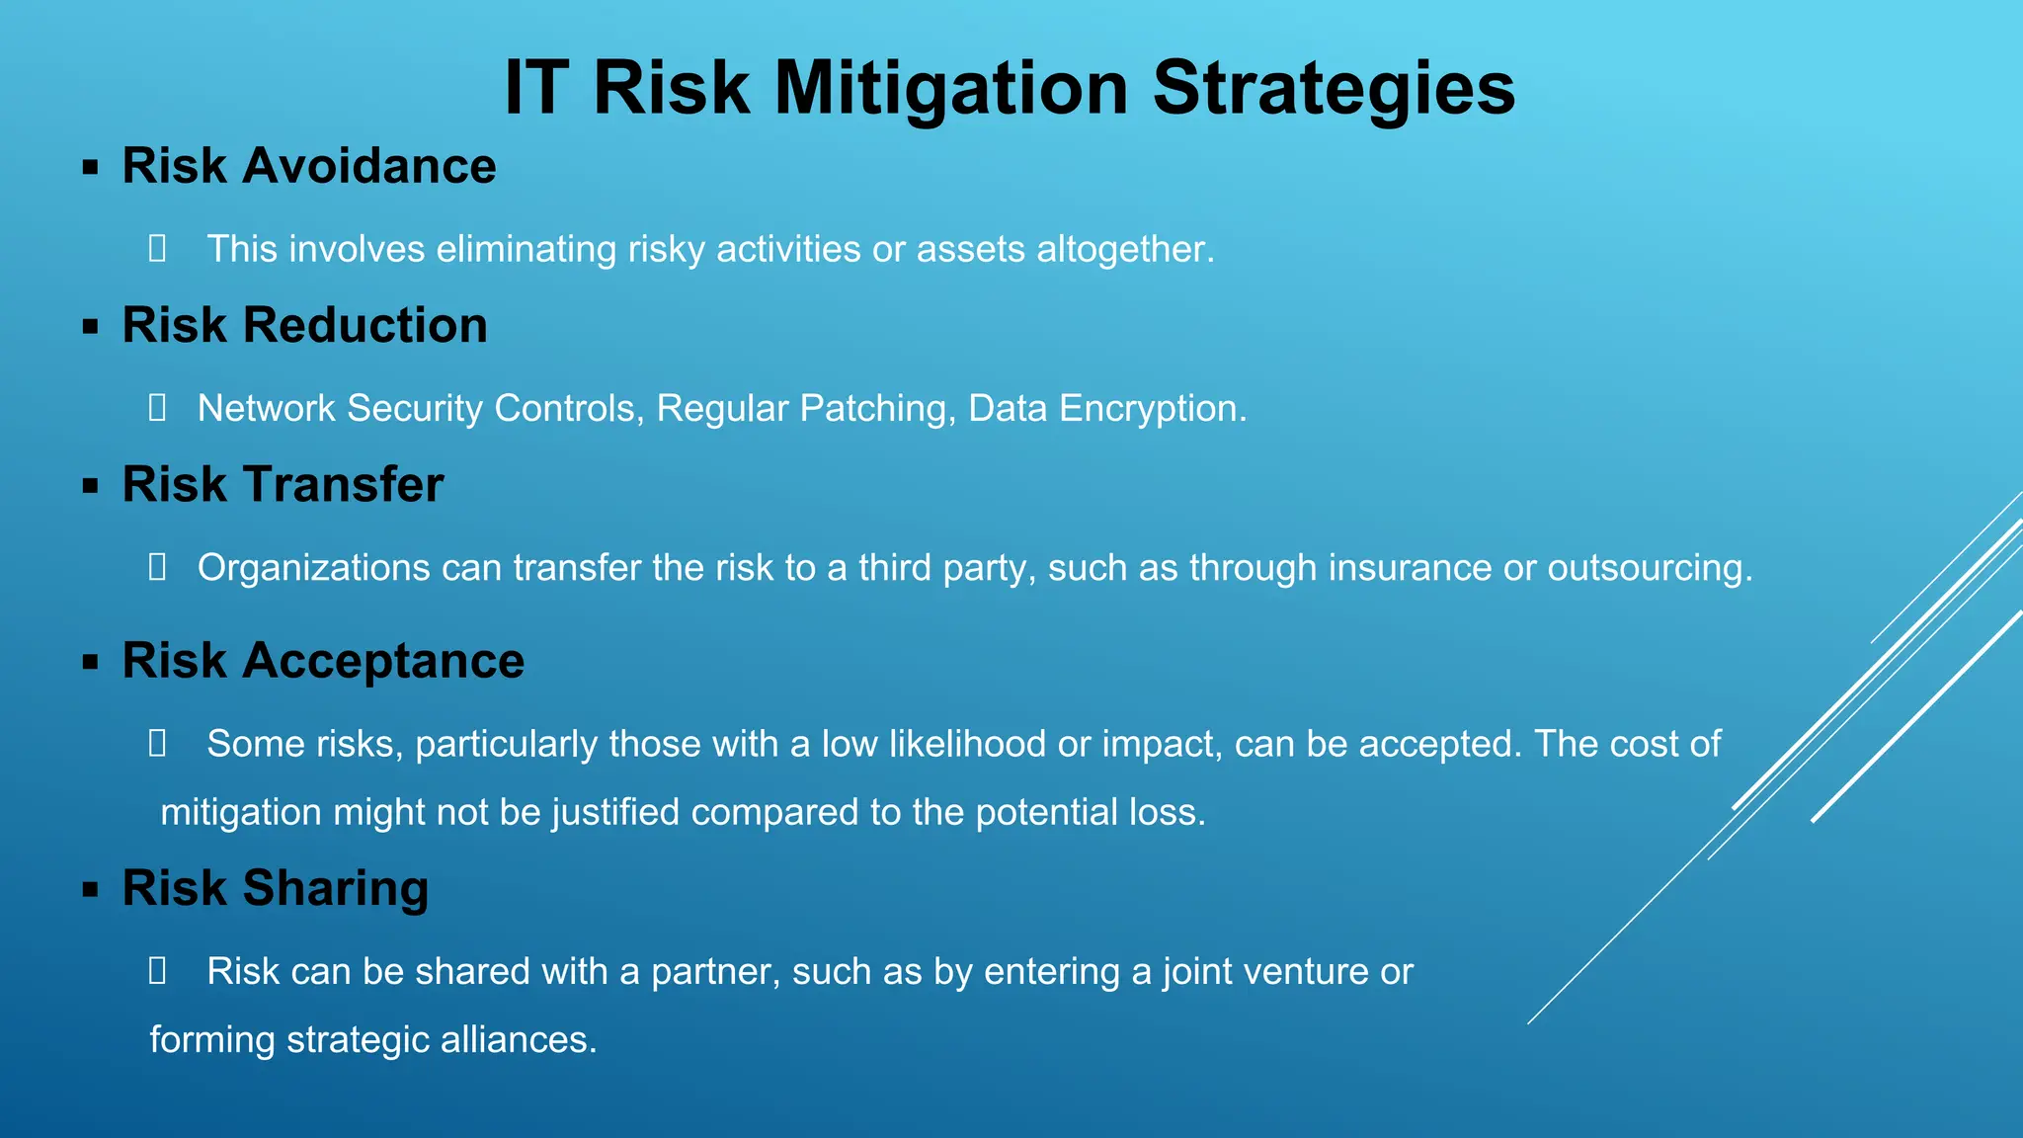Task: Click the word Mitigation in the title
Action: [950, 89]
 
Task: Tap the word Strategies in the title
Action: [1334, 89]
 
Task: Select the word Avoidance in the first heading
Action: [368, 166]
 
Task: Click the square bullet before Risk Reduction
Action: [91, 327]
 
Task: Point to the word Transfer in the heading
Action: [343, 485]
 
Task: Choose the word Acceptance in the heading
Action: [383, 661]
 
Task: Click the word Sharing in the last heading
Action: [335, 888]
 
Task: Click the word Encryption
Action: [1152, 408]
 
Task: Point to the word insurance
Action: [1410, 568]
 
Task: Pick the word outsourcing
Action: [1649, 568]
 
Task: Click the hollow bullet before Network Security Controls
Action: [157, 408]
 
